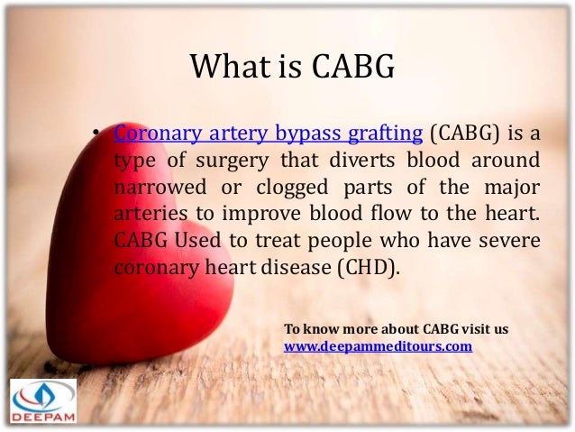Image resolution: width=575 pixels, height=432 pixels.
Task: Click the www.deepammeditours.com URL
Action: [378, 345]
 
